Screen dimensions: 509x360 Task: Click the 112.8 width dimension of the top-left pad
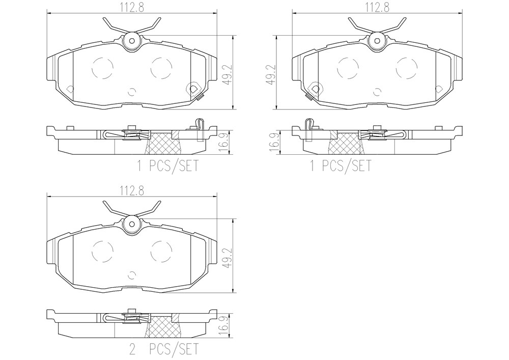click(132, 7)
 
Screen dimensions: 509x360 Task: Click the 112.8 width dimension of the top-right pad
click(377, 7)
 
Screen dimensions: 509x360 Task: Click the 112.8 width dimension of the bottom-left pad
click(132, 190)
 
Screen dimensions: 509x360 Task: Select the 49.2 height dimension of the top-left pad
click(230, 74)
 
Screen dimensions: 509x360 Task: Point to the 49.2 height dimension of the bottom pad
click(230, 257)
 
